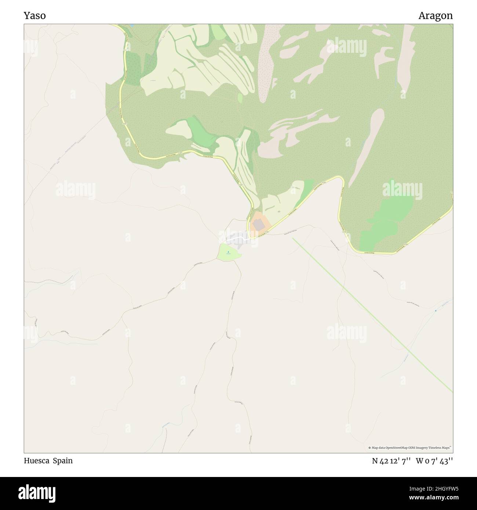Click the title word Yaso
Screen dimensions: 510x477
[35, 16]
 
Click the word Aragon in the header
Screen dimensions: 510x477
[436, 16]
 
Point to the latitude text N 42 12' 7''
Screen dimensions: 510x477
[392, 461]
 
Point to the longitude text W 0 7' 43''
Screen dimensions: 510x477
[434, 461]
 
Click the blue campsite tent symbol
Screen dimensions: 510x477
[228, 252]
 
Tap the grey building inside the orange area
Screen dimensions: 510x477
[259, 225]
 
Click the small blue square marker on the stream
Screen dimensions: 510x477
[436, 311]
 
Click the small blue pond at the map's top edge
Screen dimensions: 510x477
[131, 26]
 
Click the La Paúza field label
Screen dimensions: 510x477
[153, 80]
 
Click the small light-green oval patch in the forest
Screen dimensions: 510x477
[240, 98]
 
